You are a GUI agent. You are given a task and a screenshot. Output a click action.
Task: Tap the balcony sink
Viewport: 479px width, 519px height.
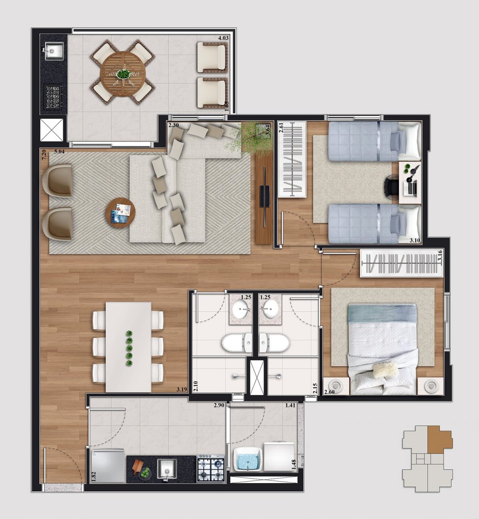click(54, 51)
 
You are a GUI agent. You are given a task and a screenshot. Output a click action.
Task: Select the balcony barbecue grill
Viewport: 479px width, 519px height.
click(53, 97)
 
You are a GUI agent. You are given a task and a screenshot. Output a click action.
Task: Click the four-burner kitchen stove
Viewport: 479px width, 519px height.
click(211, 468)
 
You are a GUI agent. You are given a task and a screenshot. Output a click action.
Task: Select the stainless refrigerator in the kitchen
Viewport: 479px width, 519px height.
click(108, 466)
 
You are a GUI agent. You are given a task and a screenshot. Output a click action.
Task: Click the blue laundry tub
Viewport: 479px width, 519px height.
click(248, 459)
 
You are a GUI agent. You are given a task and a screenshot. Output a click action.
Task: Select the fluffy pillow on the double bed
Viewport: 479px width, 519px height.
click(385, 370)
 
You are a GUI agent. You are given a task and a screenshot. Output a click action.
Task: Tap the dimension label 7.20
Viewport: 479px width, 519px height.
click(44, 155)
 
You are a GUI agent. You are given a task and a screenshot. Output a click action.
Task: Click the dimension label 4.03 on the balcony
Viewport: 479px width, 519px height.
click(223, 38)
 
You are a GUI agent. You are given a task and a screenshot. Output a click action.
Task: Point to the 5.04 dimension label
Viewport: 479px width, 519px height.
click(59, 152)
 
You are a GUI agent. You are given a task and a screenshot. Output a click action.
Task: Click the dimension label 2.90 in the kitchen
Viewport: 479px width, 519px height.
click(219, 405)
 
